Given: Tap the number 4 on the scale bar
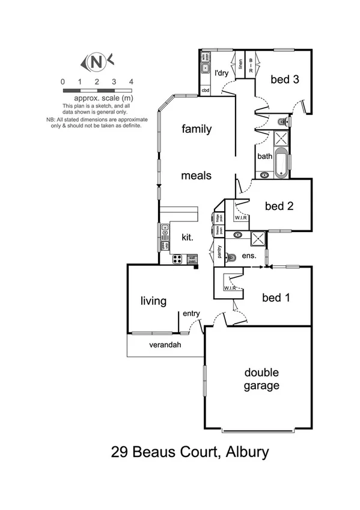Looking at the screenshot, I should tap(130, 81).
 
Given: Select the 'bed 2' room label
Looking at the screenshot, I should tap(279, 206).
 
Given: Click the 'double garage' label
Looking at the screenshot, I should tap(261, 379).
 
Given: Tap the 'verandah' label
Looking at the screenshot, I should tap(165, 345).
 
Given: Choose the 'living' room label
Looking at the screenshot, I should tap(153, 301).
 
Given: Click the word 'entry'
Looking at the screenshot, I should tap(191, 313).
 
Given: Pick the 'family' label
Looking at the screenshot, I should tap(197, 128).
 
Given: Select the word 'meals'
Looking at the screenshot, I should tap(197, 176).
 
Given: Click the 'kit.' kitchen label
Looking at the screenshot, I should tap(187, 238).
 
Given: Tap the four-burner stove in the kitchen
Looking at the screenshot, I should tap(178, 259).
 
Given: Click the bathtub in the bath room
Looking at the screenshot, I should tap(281, 164).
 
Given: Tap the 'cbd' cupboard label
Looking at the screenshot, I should tap(205, 91).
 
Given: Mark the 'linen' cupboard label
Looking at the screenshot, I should tap(240, 67).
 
